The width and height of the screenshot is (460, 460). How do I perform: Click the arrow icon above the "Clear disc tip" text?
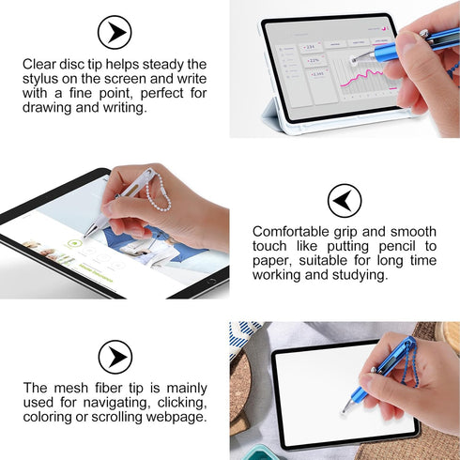(115, 33)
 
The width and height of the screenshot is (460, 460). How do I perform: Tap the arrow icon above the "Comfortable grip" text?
(345, 200)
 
